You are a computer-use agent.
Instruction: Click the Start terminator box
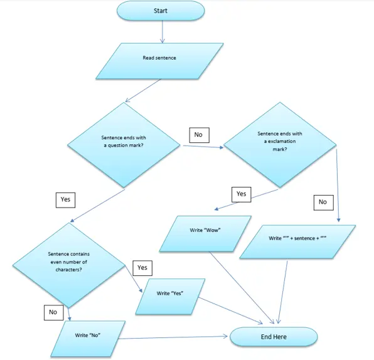click(160, 11)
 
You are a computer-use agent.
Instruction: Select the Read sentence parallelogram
click(159, 58)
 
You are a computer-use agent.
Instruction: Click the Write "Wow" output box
click(205, 231)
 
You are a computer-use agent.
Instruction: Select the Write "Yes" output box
click(170, 294)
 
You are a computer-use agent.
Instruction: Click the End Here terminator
click(274, 337)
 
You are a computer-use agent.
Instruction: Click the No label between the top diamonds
click(198, 134)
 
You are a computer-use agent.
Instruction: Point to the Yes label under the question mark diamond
click(65, 199)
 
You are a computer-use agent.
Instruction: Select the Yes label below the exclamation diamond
click(241, 194)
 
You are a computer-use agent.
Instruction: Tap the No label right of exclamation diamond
click(323, 202)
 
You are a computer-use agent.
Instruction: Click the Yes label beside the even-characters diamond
click(142, 268)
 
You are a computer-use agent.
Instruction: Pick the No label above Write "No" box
click(53, 312)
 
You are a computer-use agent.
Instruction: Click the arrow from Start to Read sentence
click(163, 31)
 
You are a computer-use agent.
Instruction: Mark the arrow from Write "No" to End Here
click(176, 338)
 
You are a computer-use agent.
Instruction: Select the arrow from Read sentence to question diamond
click(146, 90)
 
